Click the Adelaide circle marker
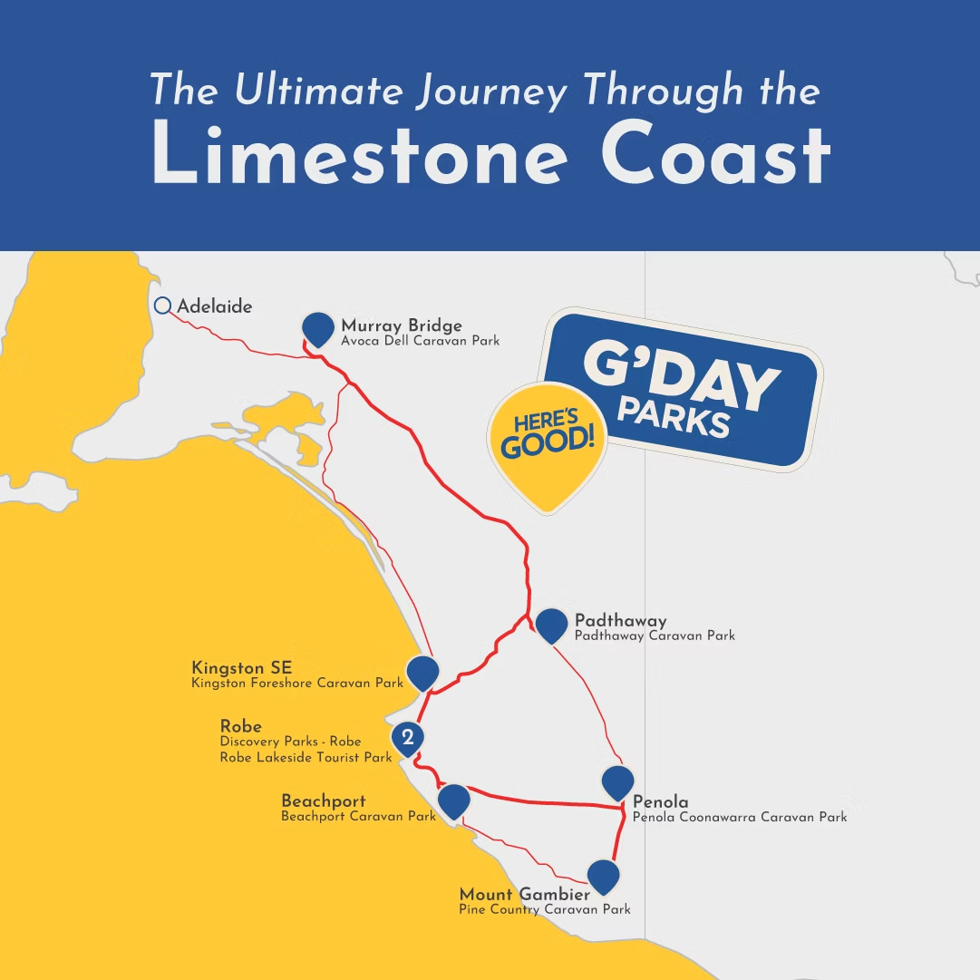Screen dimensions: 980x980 (x=163, y=306)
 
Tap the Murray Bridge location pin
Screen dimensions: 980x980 (x=317, y=328)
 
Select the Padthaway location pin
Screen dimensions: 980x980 (x=551, y=625)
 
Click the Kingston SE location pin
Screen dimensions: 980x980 (x=422, y=672)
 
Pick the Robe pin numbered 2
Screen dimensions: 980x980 (x=408, y=737)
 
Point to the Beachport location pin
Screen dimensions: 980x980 (x=453, y=800)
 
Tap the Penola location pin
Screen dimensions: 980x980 (x=617, y=781)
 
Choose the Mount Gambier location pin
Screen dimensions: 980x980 (x=603, y=876)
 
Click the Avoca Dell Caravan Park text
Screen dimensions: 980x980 (x=420, y=341)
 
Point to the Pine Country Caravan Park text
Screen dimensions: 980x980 (x=544, y=909)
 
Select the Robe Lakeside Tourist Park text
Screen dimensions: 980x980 (x=306, y=757)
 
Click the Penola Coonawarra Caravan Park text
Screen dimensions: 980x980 (x=739, y=817)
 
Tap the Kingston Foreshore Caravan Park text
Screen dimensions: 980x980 (x=297, y=683)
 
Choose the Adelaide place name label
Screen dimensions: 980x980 (x=214, y=306)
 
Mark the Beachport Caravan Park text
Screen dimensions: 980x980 (x=359, y=816)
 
